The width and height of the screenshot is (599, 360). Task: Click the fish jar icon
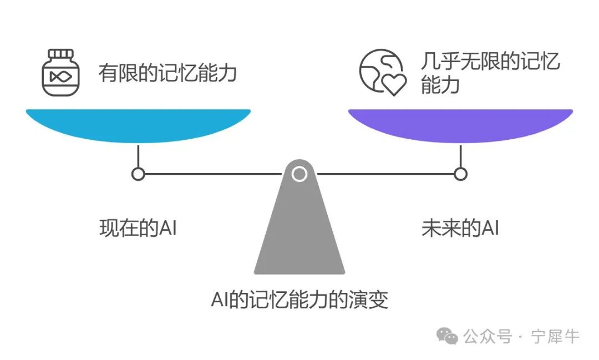(x=59, y=73)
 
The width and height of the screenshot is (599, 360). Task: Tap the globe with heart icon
(x=382, y=73)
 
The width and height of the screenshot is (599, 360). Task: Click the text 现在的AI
(x=138, y=229)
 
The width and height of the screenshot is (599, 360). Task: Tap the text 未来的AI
(x=460, y=229)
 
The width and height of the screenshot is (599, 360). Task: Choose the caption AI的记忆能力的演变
(x=299, y=300)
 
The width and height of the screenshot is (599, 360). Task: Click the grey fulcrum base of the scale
(x=299, y=233)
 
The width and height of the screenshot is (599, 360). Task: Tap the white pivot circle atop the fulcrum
(x=299, y=174)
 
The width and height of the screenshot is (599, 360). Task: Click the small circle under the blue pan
(x=138, y=174)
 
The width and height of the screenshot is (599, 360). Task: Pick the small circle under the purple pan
(x=460, y=174)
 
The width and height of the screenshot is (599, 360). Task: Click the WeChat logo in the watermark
(x=447, y=335)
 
